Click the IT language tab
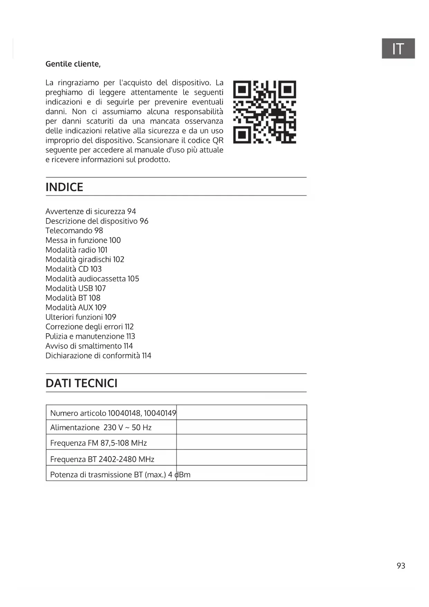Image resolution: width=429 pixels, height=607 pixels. [x=398, y=49]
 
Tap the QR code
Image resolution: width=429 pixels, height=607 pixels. [x=264, y=112]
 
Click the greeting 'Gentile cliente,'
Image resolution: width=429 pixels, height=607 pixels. [x=73, y=64]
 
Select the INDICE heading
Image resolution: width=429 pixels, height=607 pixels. [x=64, y=187]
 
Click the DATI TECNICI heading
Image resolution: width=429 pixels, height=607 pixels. [x=82, y=383]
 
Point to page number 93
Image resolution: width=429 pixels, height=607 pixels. [x=401, y=566]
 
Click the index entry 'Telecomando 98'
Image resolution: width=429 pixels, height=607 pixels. [x=74, y=231]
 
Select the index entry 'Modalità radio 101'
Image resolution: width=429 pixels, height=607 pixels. [x=76, y=250]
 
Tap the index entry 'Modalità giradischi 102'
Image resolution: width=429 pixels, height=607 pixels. [x=85, y=260]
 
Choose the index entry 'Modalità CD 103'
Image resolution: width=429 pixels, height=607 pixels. [x=74, y=269]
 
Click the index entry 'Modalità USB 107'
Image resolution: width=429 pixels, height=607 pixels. [x=76, y=288]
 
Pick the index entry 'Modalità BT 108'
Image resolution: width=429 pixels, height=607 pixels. [x=73, y=298]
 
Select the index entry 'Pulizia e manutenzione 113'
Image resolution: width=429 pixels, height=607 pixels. [x=90, y=336]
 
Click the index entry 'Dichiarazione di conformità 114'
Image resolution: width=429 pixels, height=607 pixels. [x=98, y=356]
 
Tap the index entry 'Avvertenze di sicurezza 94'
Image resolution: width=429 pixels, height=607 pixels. [x=91, y=211]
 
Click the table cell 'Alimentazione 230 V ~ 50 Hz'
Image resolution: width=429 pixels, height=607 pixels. [x=101, y=428]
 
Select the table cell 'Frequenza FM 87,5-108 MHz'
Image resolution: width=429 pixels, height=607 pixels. [x=99, y=443]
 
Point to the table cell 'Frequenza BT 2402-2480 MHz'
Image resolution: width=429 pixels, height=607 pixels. [x=102, y=460]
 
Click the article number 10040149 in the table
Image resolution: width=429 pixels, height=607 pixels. [x=160, y=413]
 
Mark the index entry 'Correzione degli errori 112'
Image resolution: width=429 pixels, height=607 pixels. [x=90, y=327]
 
